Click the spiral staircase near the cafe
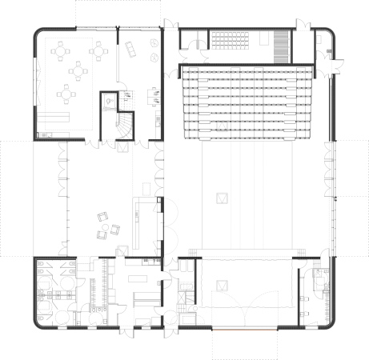pos(124,126)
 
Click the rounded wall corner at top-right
pos(331,34)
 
